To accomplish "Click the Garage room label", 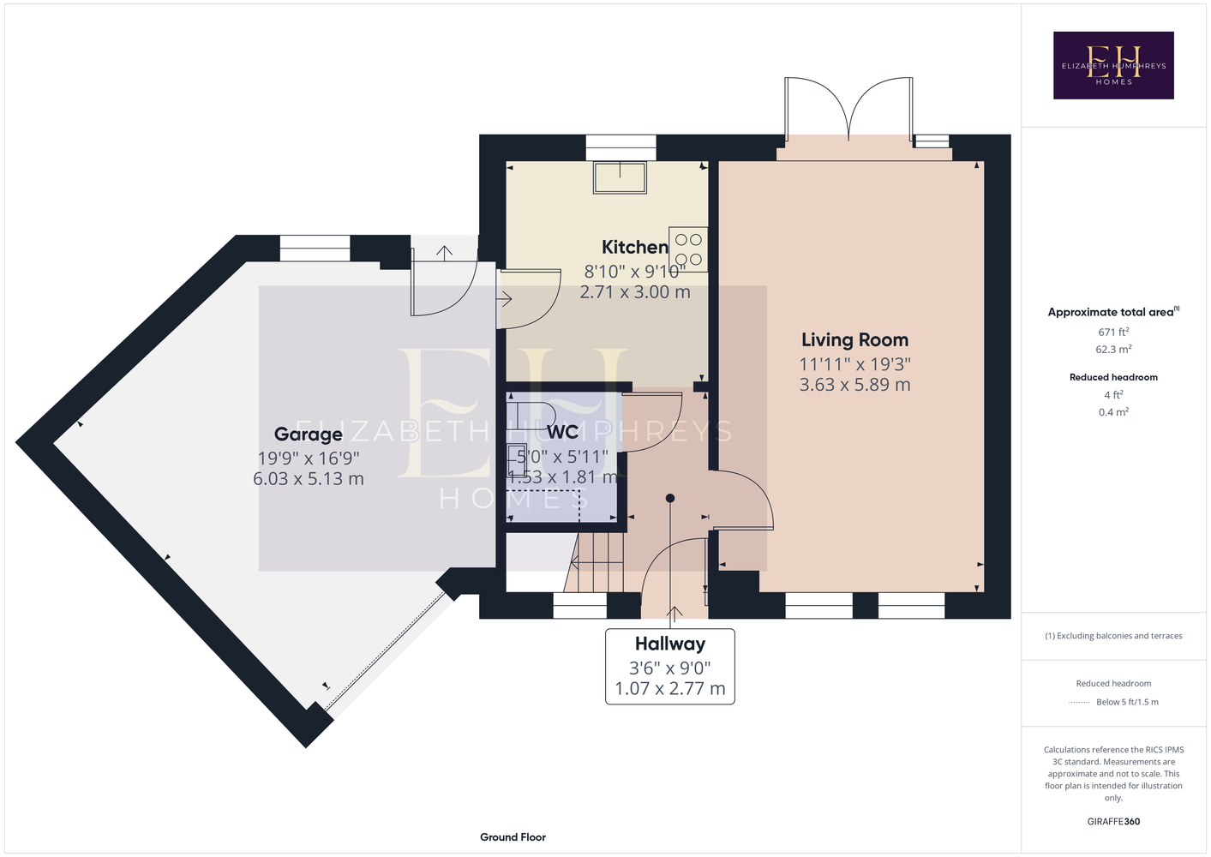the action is coord(309,434).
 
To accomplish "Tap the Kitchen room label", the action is coord(635,247).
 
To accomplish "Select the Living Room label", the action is coord(854,340).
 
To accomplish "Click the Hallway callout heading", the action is coord(670,644).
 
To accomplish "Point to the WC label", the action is coord(563,433).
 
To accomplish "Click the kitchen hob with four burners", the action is coord(688,249).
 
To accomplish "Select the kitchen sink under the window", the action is coord(620,177).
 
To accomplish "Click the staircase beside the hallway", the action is coord(594,562).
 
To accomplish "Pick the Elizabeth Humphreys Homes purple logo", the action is coord(1113,65).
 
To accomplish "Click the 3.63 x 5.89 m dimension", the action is coord(854,385).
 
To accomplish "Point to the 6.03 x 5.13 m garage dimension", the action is coord(309,479).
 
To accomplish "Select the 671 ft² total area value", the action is coord(1113,332).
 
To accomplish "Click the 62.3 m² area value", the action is coord(1113,350).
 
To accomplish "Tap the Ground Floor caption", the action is coord(513,837).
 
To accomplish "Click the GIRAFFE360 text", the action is coord(1113,822).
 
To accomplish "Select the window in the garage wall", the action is coord(315,249).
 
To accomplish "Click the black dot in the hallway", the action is coord(670,498).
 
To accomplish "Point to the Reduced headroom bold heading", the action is coord(1113,377).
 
